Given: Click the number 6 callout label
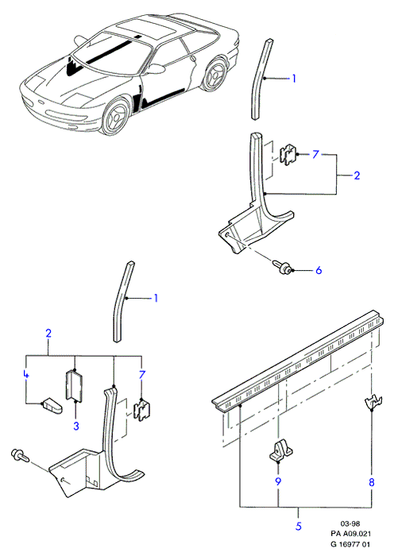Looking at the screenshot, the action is [x=319, y=271].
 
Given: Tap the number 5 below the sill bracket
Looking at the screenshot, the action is [x=298, y=526].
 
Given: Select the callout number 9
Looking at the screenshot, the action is [x=278, y=481].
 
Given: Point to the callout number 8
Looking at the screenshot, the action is [x=371, y=482].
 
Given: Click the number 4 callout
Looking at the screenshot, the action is [x=25, y=374].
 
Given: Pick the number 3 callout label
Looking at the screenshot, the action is [x=76, y=426].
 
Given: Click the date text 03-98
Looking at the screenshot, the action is [x=350, y=523].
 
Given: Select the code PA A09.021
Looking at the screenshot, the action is [x=351, y=533].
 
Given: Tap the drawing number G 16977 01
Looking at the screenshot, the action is [x=351, y=544].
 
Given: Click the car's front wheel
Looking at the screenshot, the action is [x=115, y=116].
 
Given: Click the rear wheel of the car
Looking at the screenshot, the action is [x=214, y=75].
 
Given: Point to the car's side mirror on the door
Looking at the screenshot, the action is [x=156, y=68].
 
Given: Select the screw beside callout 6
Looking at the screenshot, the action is [x=282, y=267].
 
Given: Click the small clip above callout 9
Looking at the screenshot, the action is [x=280, y=452].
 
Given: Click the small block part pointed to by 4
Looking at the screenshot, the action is [x=52, y=407].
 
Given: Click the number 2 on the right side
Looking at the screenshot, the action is [x=357, y=176].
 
